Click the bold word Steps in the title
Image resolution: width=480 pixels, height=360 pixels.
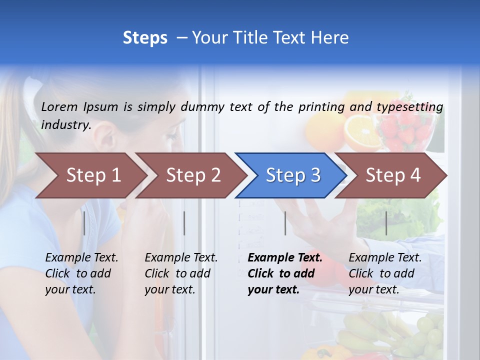(x=145, y=38)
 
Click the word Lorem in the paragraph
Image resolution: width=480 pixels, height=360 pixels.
(x=58, y=106)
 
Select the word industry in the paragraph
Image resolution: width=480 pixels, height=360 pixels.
(x=65, y=124)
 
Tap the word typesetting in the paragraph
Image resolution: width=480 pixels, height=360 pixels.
(x=409, y=107)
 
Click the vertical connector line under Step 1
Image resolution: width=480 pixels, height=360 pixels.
(x=84, y=223)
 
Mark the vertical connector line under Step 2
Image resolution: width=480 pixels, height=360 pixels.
(x=184, y=223)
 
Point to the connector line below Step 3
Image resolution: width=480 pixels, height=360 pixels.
(x=285, y=223)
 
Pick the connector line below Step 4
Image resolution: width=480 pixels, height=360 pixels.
(x=386, y=223)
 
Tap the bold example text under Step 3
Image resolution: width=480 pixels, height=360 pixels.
(x=284, y=273)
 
